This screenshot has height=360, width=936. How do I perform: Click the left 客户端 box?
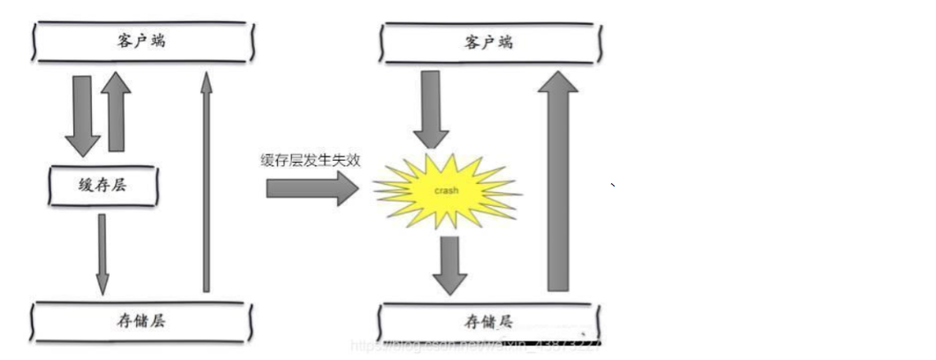tap(142, 41)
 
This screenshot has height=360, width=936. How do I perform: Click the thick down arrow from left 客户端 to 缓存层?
tap(82, 115)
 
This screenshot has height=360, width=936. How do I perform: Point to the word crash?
tap(447, 191)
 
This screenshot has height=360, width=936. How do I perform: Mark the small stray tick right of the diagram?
tap(613, 185)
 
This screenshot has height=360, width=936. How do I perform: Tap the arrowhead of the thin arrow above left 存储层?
tap(103, 283)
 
